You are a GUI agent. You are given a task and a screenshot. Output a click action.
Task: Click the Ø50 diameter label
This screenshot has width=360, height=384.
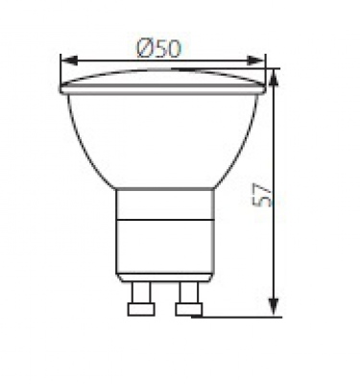[158, 49]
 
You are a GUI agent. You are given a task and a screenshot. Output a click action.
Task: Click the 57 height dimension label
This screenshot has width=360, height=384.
[262, 196]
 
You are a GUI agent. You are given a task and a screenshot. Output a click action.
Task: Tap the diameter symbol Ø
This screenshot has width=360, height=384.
[144, 49]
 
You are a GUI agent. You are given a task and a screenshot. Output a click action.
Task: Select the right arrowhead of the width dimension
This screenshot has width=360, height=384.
[255, 60]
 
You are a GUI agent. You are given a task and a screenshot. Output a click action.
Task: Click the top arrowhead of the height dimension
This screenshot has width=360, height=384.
[274, 78]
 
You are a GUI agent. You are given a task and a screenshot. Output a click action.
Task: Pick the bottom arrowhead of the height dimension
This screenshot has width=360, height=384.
[274, 307]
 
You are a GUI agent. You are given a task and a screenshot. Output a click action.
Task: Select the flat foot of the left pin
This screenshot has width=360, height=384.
[141, 309]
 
